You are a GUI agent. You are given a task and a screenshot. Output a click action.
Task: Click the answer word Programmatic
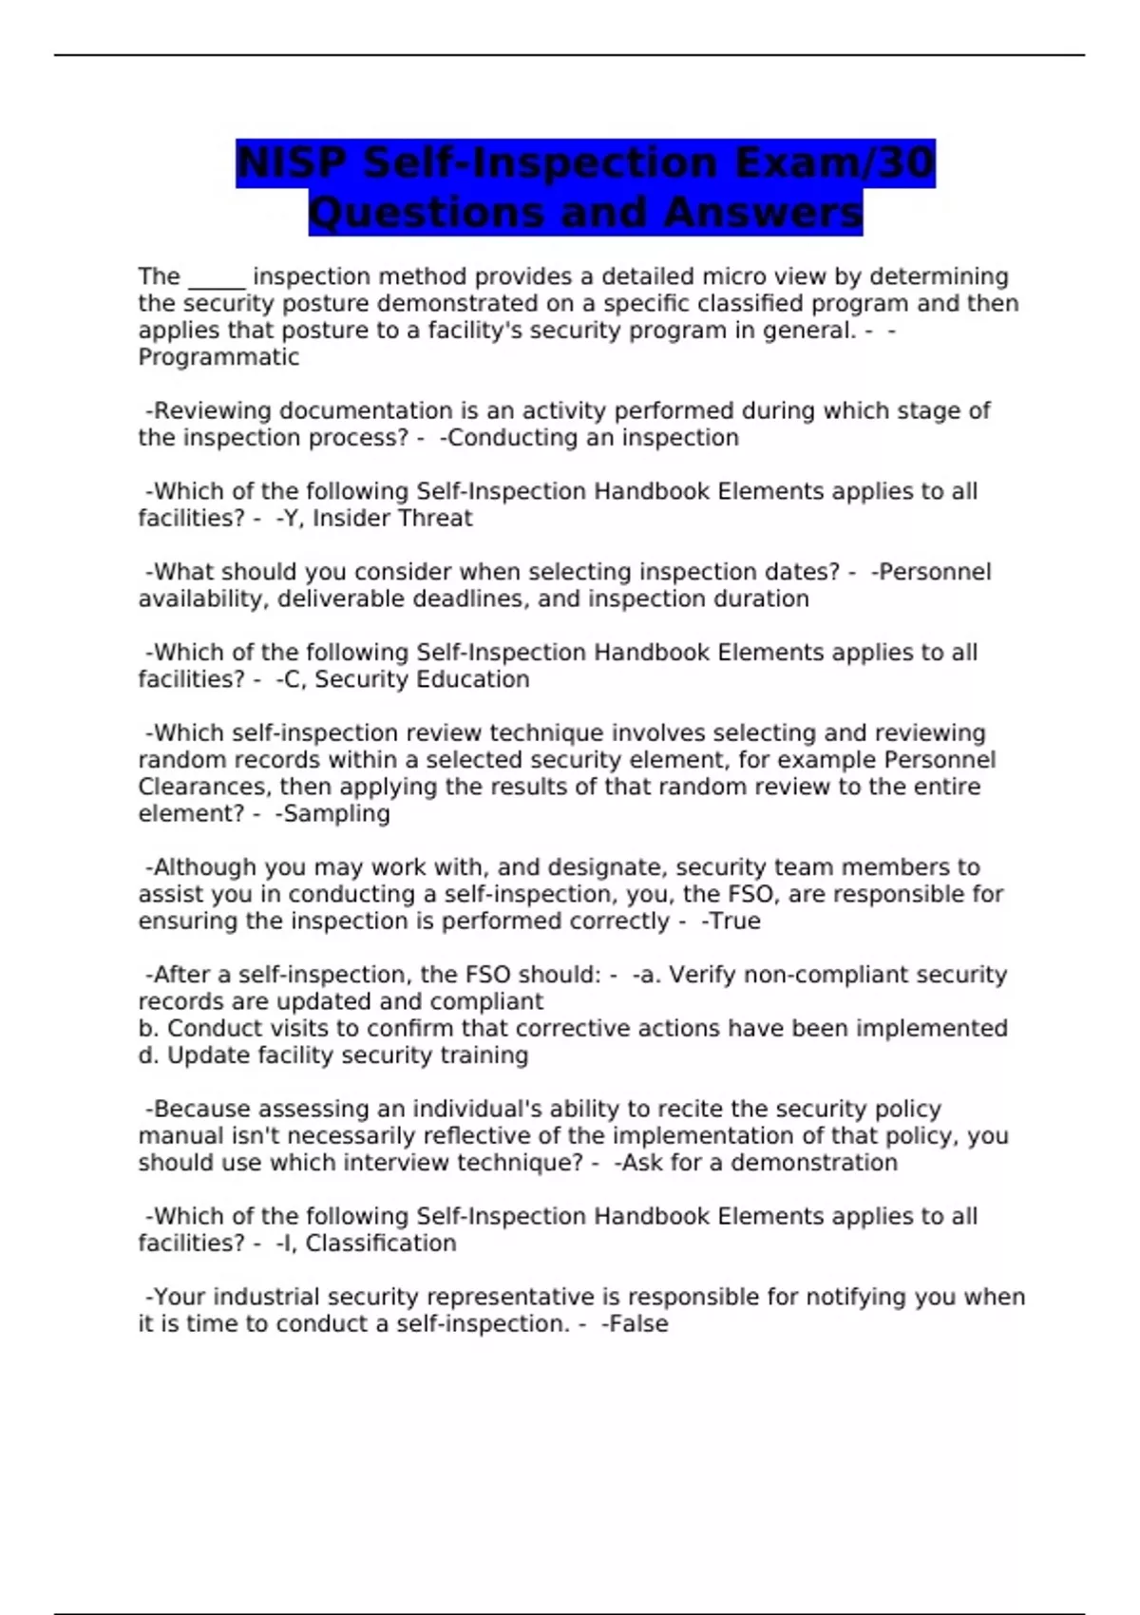tap(218, 357)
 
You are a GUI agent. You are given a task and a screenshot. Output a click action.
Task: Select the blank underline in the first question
tap(217, 279)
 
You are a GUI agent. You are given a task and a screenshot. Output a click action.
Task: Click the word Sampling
tap(336, 813)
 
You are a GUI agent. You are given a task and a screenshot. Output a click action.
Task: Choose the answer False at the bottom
tap(640, 1323)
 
